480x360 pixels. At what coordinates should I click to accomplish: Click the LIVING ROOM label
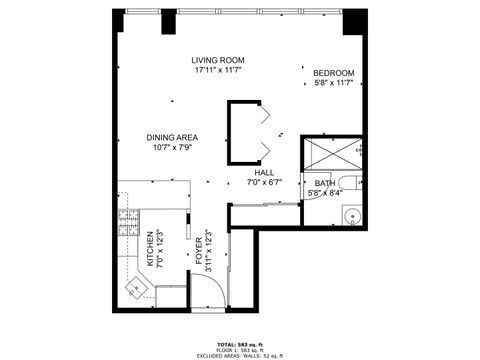point(219,61)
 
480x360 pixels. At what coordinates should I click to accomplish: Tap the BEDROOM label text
point(333,74)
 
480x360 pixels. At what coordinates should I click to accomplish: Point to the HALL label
point(264,173)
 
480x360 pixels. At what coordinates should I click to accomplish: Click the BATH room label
point(324,183)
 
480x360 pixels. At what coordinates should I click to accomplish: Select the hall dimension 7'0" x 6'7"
point(264,183)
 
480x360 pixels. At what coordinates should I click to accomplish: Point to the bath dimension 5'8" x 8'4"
point(324,193)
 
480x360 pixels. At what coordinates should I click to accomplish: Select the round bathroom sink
point(352,217)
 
